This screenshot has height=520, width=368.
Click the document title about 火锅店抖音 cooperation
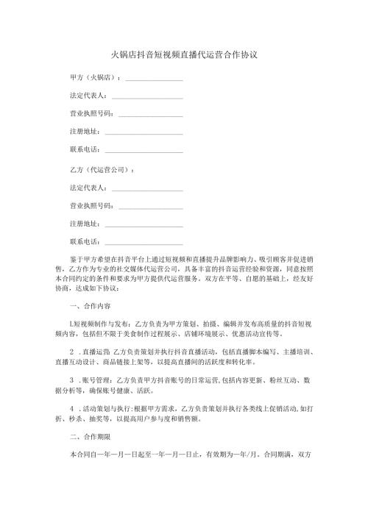pos(183,55)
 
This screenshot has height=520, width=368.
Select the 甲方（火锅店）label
pos(94,76)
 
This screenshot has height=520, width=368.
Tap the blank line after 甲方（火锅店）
pos(154,77)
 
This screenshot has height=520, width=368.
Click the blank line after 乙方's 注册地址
pos(144,224)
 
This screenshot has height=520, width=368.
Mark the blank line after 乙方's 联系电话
pos(144,242)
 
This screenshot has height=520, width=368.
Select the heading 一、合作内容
pos(90,305)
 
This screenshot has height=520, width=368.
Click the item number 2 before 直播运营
pos(71,352)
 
